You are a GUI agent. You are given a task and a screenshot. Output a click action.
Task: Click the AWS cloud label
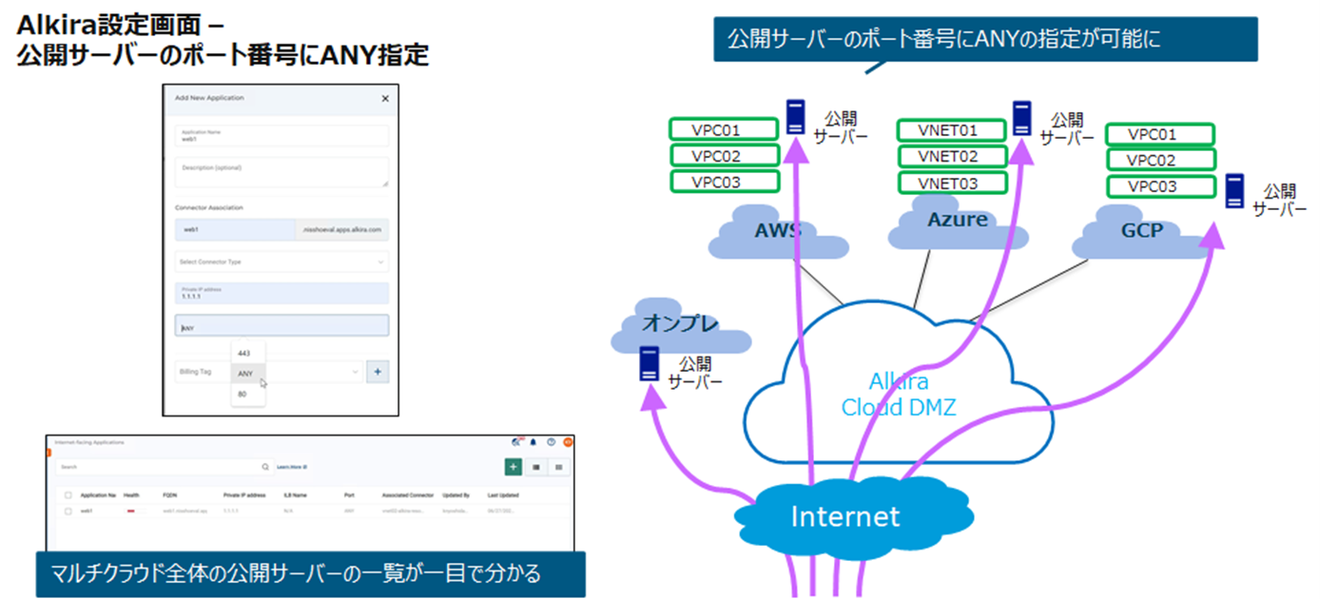click(777, 231)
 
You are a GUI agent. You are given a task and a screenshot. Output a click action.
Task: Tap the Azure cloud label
click(957, 220)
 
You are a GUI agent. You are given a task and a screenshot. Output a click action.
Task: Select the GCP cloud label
click(1141, 230)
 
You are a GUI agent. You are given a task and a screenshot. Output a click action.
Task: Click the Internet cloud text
click(844, 516)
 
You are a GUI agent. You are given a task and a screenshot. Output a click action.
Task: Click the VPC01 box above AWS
click(724, 129)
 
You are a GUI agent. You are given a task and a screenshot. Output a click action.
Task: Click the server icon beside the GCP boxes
click(1235, 190)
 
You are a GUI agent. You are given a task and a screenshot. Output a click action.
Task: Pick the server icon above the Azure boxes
click(1022, 118)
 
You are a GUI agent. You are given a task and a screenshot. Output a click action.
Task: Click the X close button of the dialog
click(385, 98)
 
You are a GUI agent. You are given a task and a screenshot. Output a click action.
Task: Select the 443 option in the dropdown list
click(243, 353)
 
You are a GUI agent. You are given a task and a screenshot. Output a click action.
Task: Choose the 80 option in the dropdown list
click(243, 394)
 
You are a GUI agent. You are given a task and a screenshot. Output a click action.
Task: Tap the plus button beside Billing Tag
click(378, 372)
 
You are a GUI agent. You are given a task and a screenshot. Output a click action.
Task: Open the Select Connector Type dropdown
click(281, 261)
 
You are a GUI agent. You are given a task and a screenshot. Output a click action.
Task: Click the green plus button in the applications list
click(513, 467)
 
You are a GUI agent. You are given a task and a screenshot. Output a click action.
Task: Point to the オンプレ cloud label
click(679, 322)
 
